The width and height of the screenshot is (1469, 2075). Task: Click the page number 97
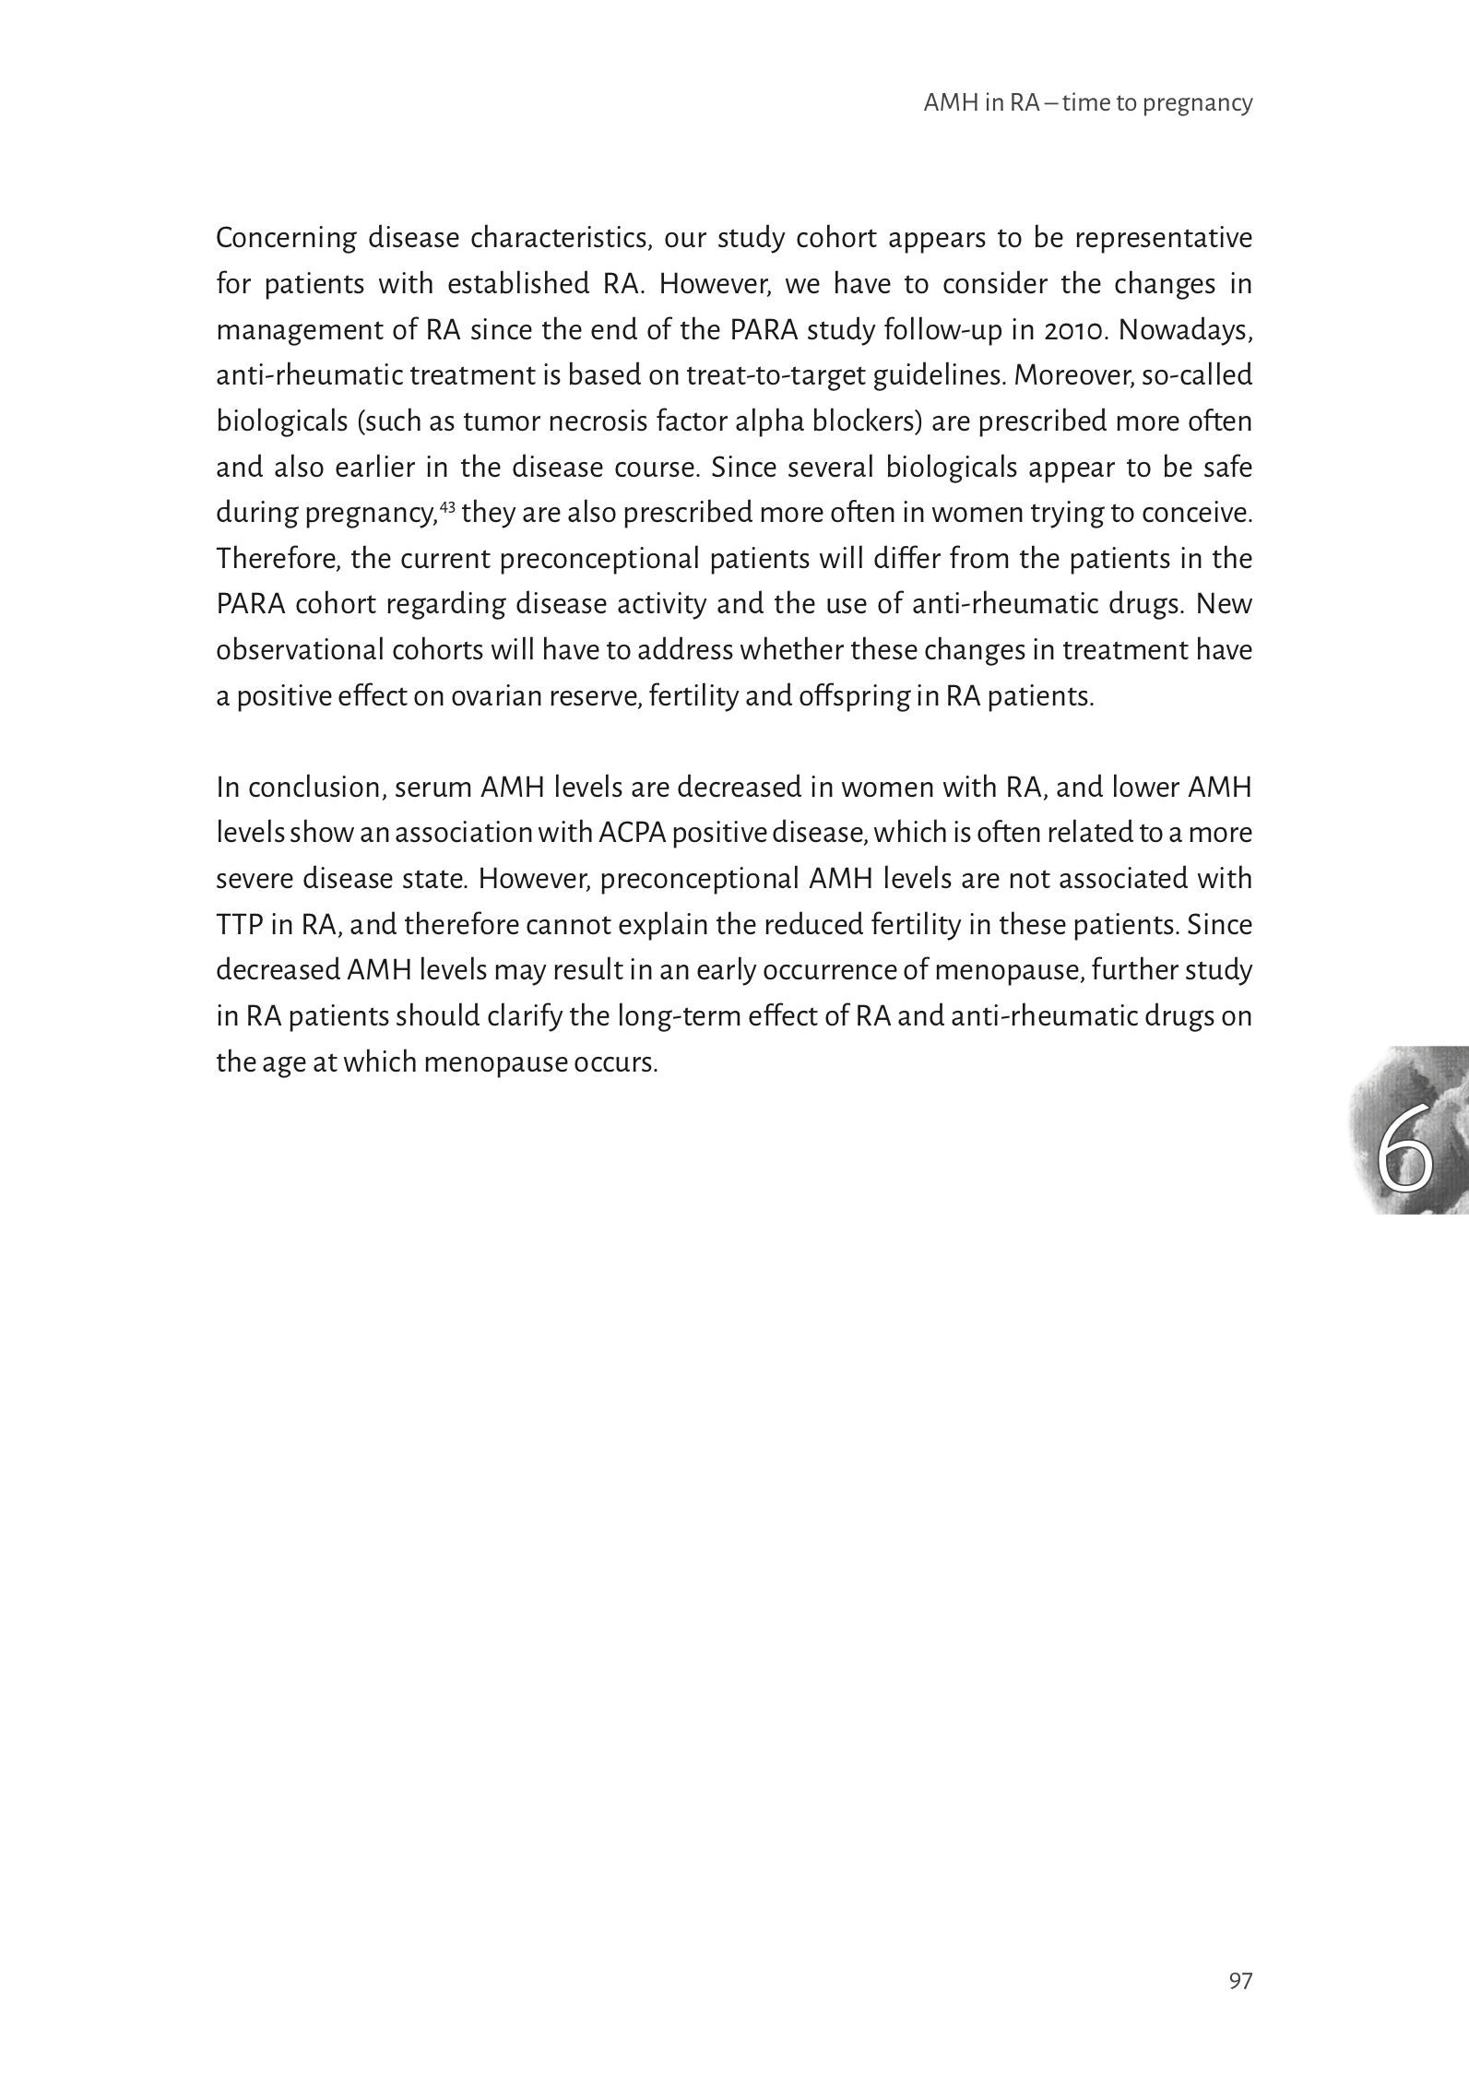[1240, 2007]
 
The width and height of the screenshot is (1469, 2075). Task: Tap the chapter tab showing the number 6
[1407, 1129]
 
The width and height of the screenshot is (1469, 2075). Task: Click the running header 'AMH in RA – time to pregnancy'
[1088, 103]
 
